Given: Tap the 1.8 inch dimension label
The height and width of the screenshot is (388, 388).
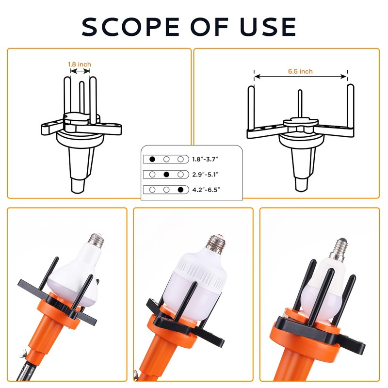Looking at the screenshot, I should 79,64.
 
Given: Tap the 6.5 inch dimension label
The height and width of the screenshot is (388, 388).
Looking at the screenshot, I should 300,71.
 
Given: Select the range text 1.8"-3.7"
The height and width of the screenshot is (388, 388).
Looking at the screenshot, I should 206,159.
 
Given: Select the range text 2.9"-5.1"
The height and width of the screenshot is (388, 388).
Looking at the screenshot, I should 206,174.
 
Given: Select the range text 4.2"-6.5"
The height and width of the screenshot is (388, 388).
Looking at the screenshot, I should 206,190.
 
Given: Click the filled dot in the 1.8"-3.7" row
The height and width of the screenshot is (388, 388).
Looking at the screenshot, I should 152,159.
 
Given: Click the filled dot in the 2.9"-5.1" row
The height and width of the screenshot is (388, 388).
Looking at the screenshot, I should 166,174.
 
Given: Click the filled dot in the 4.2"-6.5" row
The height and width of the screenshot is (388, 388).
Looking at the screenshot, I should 180,190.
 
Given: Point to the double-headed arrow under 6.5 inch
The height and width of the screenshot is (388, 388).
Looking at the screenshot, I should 301,77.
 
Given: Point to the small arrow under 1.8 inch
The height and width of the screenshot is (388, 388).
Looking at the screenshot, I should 80,71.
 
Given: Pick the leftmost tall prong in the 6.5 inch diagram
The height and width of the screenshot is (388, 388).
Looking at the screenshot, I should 251,110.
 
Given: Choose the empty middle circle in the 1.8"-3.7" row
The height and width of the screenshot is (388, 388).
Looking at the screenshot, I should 166,159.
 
